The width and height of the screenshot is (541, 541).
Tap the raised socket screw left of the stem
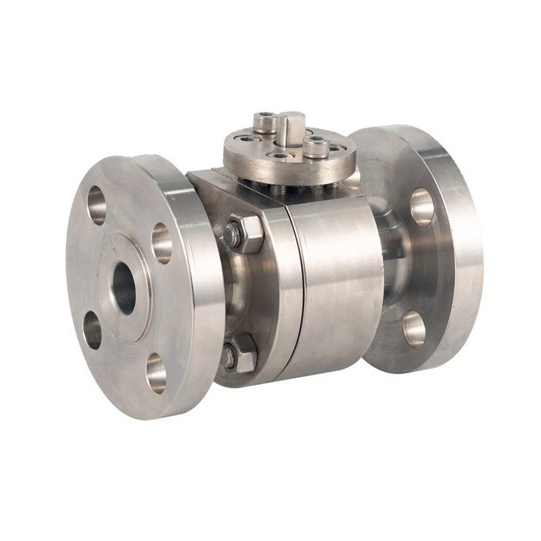point(266,122)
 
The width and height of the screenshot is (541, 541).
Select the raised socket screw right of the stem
point(316,145)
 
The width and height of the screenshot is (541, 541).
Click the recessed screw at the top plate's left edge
point(248,139)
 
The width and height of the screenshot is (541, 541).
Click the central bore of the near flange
point(124,287)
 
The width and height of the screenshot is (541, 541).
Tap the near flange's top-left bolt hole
point(97,204)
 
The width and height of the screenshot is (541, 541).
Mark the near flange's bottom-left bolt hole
point(93,330)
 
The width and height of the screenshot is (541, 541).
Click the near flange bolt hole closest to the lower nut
point(156,373)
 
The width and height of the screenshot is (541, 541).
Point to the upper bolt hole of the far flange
point(422,206)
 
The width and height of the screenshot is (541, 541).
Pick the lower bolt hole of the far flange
point(414,328)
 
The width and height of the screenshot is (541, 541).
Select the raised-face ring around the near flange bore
point(108,298)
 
